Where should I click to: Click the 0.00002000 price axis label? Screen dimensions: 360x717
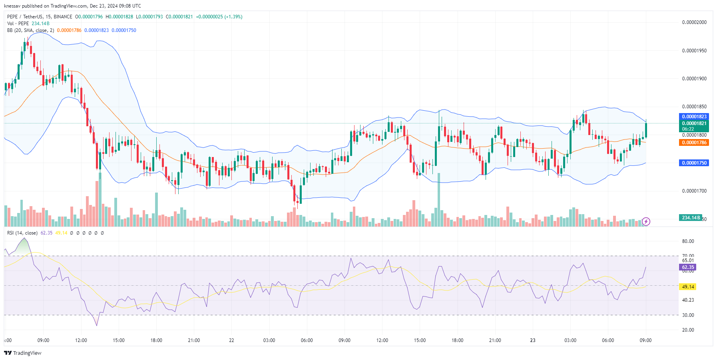pos(694,22)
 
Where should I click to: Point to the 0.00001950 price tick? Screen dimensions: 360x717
pos(694,51)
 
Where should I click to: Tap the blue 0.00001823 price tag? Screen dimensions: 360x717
pos(694,117)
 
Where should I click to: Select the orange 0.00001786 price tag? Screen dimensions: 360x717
pos(694,143)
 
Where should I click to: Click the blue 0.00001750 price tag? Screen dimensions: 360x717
pos(694,163)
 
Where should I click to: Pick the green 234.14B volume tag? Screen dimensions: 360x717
pos(690,218)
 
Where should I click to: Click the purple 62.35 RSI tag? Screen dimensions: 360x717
pos(688,267)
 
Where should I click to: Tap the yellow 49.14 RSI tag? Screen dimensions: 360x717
pos(688,287)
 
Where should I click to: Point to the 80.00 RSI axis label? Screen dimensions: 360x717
pos(688,241)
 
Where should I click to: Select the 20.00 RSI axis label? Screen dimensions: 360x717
pos(688,330)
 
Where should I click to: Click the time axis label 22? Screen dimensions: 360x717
pos(231,340)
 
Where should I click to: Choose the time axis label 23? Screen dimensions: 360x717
pos(532,340)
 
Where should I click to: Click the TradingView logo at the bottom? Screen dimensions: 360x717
pos(23,353)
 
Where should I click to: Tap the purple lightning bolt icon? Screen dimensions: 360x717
pos(646,221)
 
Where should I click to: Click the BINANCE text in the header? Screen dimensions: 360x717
pos(63,17)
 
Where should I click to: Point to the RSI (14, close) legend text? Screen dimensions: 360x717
pos(22,233)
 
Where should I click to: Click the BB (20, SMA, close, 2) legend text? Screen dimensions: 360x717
pos(30,30)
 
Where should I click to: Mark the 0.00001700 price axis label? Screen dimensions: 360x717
pos(694,191)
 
